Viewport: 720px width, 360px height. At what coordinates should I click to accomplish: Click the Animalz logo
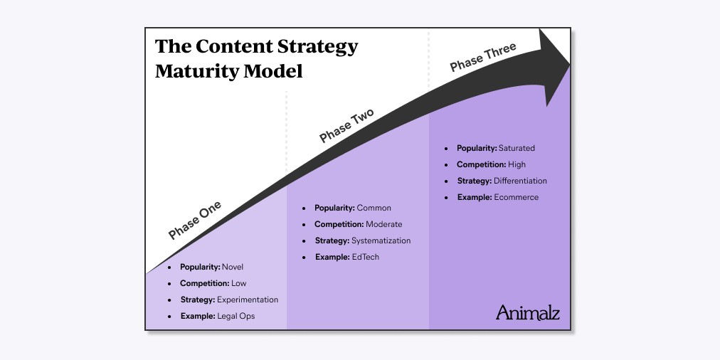[527, 312]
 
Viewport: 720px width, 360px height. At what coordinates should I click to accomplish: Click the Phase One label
[195, 220]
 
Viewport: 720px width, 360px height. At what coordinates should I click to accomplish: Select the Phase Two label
[346, 126]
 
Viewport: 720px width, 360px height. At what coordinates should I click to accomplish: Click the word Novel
[232, 267]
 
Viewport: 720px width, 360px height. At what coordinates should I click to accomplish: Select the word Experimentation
[248, 300]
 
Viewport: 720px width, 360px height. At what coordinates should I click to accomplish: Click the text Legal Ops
[235, 316]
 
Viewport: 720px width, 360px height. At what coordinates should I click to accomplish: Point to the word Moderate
[383, 224]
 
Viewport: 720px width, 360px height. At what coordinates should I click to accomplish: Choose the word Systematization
[381, 240]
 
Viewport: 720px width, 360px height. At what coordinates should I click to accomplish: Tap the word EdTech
[366, 257]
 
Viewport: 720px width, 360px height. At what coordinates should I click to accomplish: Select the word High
[517, 164]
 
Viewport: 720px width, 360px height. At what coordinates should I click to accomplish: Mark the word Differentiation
[520, 181]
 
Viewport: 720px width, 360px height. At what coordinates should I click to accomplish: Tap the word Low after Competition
[239, 283]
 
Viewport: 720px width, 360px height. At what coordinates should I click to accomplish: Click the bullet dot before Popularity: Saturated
[446, 149]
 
